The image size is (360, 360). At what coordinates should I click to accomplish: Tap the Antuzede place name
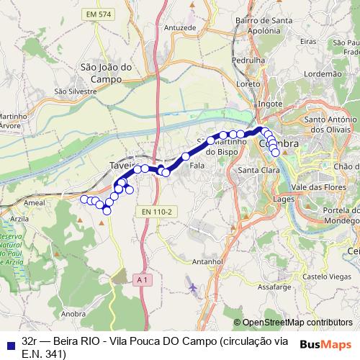pyautogui.click(x=180, y=27)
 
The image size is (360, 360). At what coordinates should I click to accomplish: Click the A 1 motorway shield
pyautogui.click(x=141, y=278)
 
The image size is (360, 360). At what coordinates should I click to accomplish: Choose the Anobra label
pyautogui.click(x=75, y=313)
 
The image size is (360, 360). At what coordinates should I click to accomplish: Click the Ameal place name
pyautogui.click(x=35, y=204)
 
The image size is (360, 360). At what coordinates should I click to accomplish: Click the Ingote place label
pyautogui.click(x=270, y=104)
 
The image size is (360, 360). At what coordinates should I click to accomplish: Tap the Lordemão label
pyautogui.click(x=323, y=73)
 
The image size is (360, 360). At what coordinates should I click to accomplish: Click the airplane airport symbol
pyautogui.click(x=192, y=288)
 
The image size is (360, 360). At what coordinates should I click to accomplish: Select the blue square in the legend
pyautogui.click(x=8, y=343)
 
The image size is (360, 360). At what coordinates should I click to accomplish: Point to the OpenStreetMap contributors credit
pyautogui.click(x=297, y=323)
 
